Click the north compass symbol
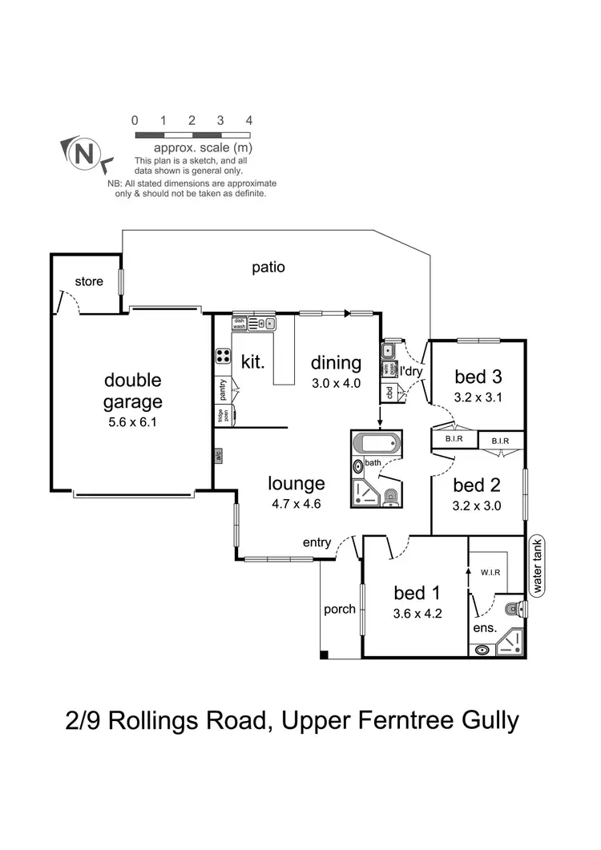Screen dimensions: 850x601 click(x=83, y=152)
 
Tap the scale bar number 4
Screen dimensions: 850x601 click(x=249, y=120)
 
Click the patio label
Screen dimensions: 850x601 click(x=268, y=268)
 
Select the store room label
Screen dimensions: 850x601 click(x=89, y=281)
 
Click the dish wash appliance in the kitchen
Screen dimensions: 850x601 click(x=239, y=324)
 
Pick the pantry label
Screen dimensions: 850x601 click(x=222, y=390)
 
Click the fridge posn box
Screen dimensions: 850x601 click(x=221, y=416)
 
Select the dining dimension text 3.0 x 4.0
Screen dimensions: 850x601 click(x=337, y=383)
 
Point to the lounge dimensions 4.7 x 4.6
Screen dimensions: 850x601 click(x=296, y=504)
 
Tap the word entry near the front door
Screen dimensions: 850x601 click(x=317, y=542)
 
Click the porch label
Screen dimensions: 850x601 click(x=340, y=609)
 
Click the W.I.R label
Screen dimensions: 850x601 click(x=491, y=572)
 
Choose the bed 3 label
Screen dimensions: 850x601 click(x=478, y=377)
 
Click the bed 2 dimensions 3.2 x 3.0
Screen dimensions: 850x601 click(x=478, y=505)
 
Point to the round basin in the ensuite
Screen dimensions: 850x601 click(x=482, y=650)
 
